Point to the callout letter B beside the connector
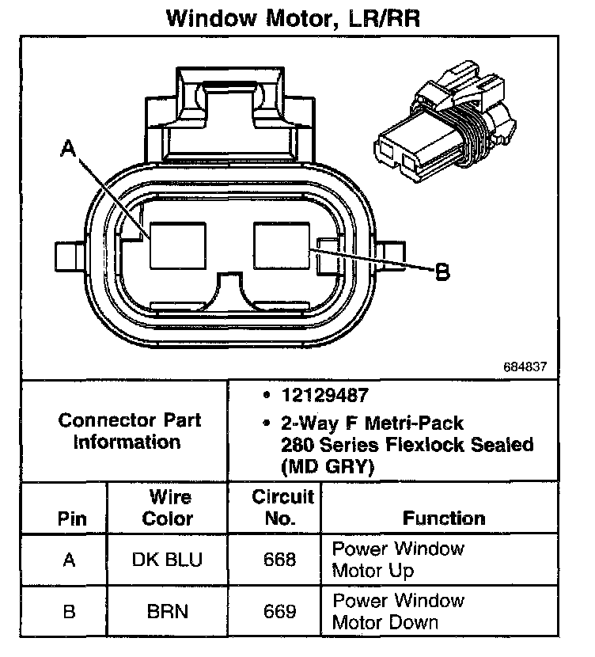(442, 272)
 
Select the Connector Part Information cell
(129, 431)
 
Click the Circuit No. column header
(282, 508)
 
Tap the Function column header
(444, 518)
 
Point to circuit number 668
(281, 560)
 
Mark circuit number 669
(281, 612)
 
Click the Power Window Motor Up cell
(397, 560)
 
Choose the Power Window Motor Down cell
(397, 612)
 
